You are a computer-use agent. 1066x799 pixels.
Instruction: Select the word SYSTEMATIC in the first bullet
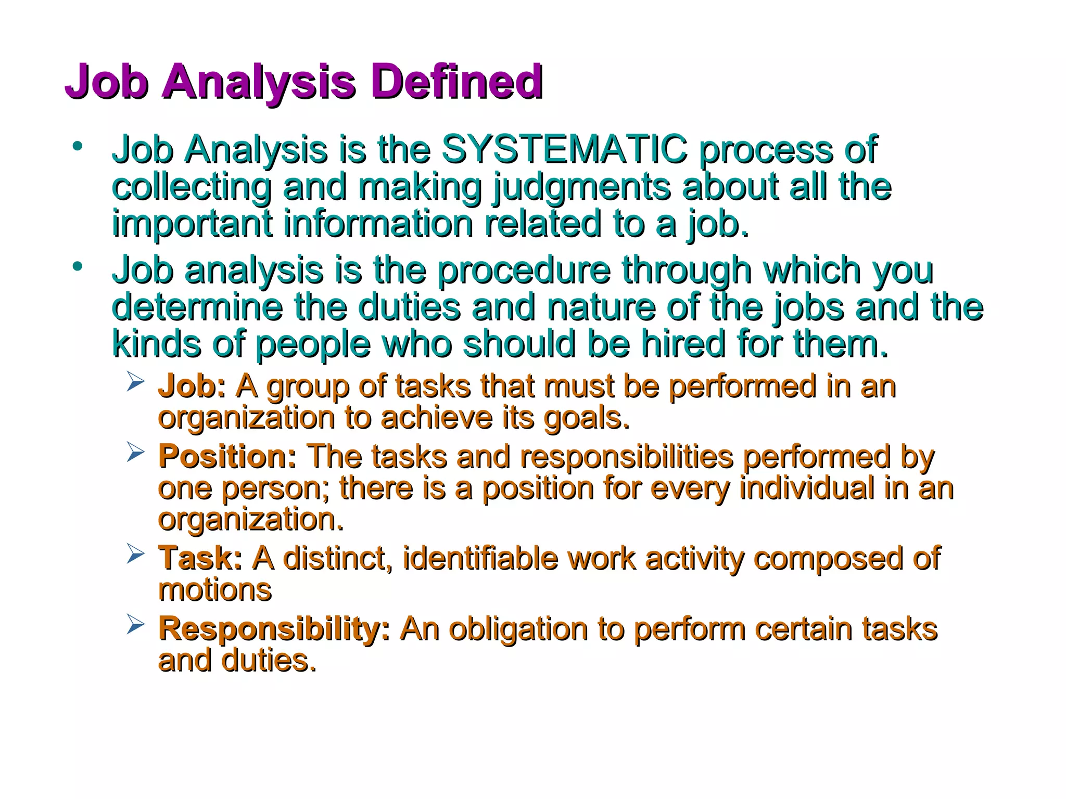point(564,149)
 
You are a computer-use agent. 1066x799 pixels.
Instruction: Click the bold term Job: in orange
point(192,386)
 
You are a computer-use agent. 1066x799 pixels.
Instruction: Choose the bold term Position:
point(227,457)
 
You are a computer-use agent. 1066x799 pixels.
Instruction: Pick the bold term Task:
point(200,558)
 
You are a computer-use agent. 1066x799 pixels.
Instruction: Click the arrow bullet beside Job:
point(135,383)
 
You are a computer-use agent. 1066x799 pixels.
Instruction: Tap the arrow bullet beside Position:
point(135,453)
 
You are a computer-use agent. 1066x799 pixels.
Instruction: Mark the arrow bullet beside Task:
point(135,555)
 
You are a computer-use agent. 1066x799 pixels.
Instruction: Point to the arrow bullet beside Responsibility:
point(135,625)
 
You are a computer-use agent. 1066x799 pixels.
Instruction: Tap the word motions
point(214,590)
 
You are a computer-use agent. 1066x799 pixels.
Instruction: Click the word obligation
point(518,628)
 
